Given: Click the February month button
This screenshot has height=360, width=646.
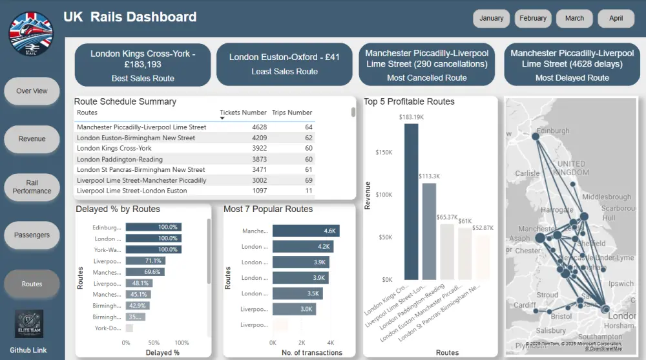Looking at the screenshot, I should (533, 18).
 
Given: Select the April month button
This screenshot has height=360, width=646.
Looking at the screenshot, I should (616, 18).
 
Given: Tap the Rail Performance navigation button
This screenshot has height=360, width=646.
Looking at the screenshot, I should (32, 187).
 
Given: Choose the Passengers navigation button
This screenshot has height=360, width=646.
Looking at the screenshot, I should (32, 235).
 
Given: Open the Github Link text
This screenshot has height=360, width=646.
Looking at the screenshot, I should (30, 350).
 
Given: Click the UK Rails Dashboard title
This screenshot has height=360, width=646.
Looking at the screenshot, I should (130, 17).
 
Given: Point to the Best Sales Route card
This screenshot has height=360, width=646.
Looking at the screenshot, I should (143, 65).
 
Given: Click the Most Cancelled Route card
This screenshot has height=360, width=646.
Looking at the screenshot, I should (427, 65).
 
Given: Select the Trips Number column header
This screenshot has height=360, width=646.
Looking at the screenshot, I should (292, 112).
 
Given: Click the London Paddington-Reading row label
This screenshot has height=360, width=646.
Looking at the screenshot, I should (120, 159).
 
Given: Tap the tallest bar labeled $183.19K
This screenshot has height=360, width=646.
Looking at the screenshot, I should (412, 200).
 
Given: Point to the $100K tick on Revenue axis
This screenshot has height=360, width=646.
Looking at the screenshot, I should (384, 195).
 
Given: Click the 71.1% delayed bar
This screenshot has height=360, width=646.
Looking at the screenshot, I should (145, 260).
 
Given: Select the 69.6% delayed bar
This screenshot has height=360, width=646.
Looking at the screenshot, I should (145, 272).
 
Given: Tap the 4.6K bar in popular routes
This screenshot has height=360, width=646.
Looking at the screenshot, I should (306, 231).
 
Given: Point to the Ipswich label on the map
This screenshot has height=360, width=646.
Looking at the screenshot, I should (621, 284).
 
